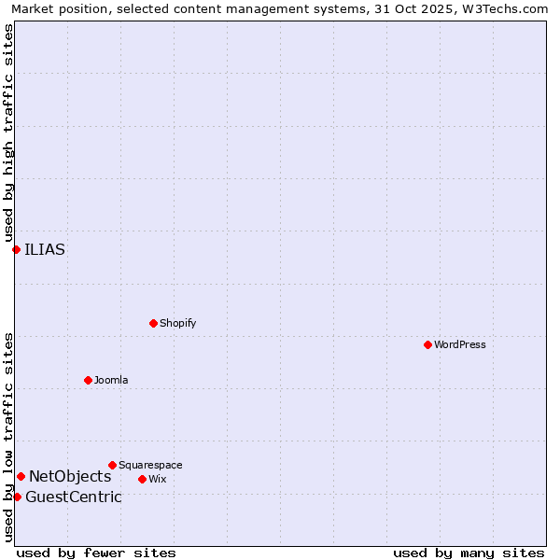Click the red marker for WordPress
point(427,344)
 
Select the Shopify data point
point(153,323)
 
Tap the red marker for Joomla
point(88,380)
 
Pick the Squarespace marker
point(112,465)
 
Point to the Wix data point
point(142,479)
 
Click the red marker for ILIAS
point(16,249)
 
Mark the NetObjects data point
point(21,476)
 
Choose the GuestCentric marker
point(17,497)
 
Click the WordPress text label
point(460,344)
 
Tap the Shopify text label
point(177,323)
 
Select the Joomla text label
point(111,380)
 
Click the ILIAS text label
point(45,249)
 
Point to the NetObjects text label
point(70,477)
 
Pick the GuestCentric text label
point(74,497)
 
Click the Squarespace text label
point(150,465)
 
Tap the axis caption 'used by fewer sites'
point(96,553)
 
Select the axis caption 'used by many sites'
point(469,553)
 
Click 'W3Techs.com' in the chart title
point(505,8)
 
